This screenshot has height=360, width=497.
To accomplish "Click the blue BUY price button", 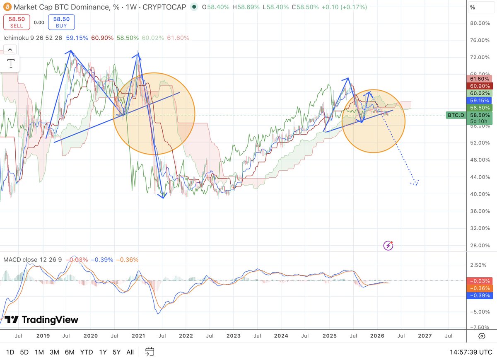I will point(61,22).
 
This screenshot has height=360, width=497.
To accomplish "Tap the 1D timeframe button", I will point(10,352).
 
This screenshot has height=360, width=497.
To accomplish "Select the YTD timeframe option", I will point(86,352).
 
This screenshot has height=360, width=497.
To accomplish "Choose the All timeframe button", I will point(130,352).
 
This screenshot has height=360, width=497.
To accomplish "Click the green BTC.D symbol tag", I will point(456,115).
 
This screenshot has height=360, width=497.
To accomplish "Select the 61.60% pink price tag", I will point(480,79).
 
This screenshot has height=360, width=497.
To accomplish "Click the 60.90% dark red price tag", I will point(480,86).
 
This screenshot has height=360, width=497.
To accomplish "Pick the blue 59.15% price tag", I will point(480,100).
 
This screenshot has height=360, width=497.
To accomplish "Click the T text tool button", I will point(11,63).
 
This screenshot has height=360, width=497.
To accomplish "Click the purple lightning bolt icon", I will point(388,245).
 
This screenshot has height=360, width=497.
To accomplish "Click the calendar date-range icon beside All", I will point(150,352).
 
